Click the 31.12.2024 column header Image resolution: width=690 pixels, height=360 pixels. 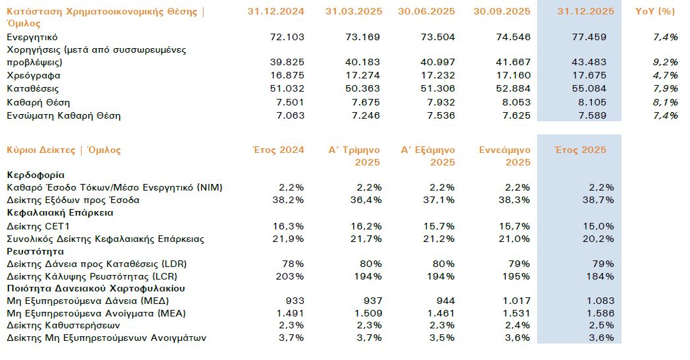275,11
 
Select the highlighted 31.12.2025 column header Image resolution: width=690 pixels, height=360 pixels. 586,11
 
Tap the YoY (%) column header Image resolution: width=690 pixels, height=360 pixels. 657,11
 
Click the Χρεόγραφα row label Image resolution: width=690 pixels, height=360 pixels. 29,75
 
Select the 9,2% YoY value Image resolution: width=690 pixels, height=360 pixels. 666,63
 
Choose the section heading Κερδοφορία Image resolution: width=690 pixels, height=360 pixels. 36,175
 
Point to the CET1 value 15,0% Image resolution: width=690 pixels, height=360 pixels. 600,226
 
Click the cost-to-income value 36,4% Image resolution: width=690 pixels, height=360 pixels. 366,200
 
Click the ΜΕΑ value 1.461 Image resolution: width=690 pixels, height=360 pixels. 442,314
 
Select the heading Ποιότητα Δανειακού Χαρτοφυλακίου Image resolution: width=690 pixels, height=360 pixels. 96,288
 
